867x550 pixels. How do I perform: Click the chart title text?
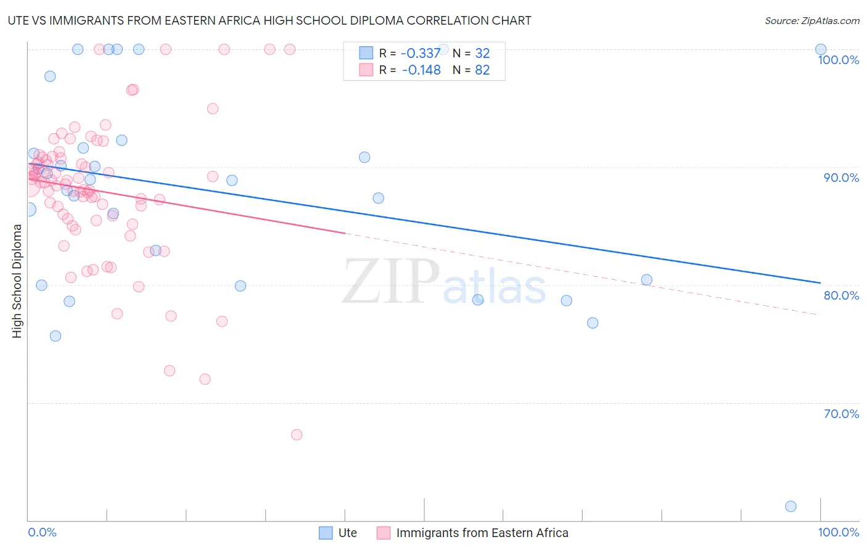pos(269,20)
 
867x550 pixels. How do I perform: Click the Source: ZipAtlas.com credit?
pos(812,20)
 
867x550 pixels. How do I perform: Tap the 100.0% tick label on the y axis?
pos(838,60)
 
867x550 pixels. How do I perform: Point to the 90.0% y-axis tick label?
pos(841,178)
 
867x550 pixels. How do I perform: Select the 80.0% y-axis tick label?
pos(841,295)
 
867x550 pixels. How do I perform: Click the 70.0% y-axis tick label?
pos(841,414)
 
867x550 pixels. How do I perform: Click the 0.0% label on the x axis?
pos(42,532)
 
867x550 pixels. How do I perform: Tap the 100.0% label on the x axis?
pos(838,532)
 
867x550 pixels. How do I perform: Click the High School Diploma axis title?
pos(17,281)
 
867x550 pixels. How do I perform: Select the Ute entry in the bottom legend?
pos(347,533)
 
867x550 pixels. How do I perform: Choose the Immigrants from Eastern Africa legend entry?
pos(482,533)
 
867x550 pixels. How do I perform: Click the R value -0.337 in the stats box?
pos(421,54)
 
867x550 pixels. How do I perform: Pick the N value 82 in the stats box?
pos(482,70)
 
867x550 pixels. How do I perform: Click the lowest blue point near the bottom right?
pos(791,506)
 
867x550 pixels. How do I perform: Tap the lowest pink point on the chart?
pos(297,435)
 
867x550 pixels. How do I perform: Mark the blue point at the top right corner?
pos(821,49)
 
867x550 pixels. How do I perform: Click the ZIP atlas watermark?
pos(444,281)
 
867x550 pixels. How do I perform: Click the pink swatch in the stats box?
pos(366,70)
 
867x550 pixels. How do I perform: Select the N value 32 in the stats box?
pos(482,54)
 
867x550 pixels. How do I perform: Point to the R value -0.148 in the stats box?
pos(421,70)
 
